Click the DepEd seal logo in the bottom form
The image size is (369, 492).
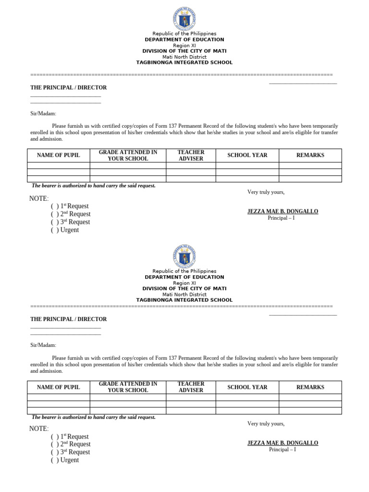tap(184, 256)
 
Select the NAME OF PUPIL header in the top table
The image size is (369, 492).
tap(59, 155)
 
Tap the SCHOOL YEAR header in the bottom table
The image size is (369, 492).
tap(247, 387)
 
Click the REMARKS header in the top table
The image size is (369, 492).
tap(310, 155)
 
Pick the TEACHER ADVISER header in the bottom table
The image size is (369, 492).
tap(191, 387)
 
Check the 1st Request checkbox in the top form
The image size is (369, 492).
tap(55, 206)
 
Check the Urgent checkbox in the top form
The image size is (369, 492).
tap(55, 230)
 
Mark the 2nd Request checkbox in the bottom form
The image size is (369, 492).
tap(55, 444)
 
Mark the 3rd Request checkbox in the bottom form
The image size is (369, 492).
tap(55, 452)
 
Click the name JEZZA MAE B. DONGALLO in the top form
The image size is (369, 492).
tap(283, 211)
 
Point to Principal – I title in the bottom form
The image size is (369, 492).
tap(283, 450)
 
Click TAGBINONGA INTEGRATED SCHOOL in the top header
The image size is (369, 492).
tap(184, 62)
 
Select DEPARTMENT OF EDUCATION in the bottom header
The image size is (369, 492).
tap(184, 277)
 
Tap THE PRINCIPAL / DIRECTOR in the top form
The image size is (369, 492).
tap(69, 88)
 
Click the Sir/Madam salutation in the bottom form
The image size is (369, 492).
tap(43, 345)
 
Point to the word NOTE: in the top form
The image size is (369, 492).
tap(39, 198)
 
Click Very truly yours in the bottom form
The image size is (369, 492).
tap(266, 424)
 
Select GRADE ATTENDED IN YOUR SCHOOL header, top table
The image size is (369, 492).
tap(128, 155)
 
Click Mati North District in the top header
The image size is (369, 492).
tap(184, 57)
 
